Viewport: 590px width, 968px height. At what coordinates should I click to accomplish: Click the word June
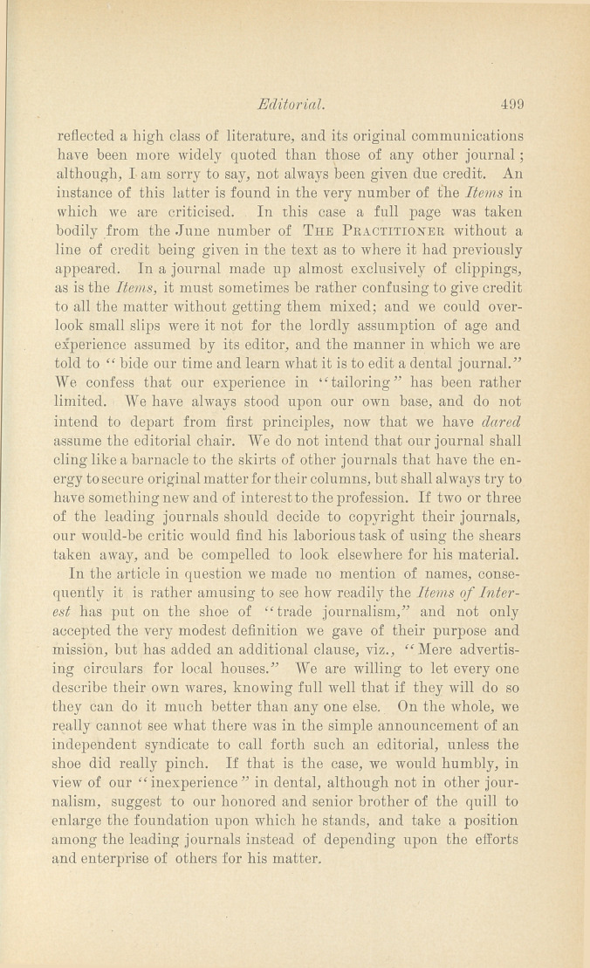click(x=235, y=233)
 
